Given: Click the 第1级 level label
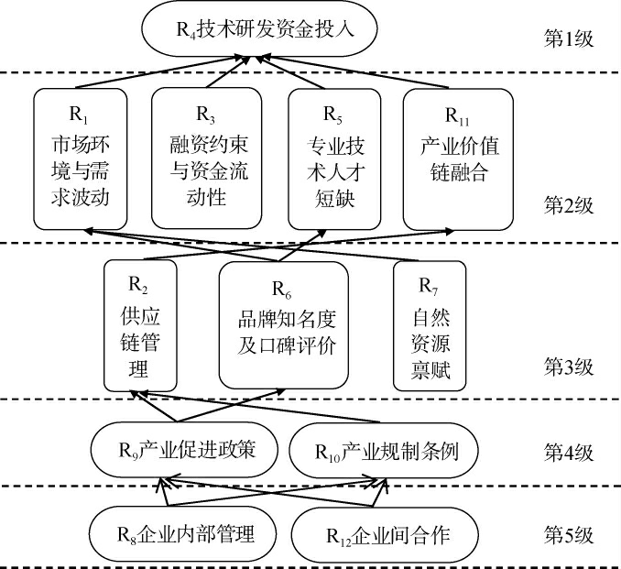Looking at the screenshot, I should (x=569, y=39).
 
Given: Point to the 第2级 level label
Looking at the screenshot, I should (x=569, y=204).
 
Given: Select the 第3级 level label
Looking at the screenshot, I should (x=569, y=367).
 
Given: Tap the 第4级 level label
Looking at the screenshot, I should (x=569, y=451).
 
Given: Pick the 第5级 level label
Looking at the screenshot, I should (x=569, y=532).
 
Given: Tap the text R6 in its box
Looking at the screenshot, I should (x=284, y=293).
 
